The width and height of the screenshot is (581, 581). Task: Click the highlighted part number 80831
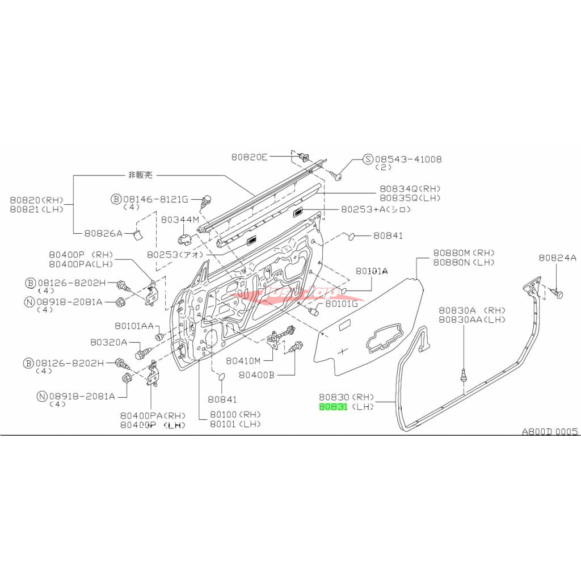(x=332, y=406)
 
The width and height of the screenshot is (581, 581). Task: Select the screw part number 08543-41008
(x=408, y=159)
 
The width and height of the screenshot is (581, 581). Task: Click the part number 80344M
(x=180, y=219)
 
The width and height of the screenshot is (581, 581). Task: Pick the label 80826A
(x=103, y=233)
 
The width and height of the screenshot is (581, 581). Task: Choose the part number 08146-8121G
(x=155, y=199)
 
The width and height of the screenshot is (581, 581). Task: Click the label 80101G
(x=342, y=304)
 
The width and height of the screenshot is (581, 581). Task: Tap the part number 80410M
(x=243, y=360)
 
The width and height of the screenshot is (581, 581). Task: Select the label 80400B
(x=256, y=375)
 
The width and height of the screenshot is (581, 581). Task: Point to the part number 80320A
(x=108, y=343)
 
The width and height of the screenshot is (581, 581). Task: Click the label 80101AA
(x=134, y=326)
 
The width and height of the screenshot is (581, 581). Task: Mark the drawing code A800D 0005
(x=550, y=432)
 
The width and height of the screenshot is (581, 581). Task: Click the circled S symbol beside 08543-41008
(x=367, y=159)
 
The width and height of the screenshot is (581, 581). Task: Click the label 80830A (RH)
(x=464, y=310)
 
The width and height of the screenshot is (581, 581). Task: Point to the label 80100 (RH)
(x=234, y=414)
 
